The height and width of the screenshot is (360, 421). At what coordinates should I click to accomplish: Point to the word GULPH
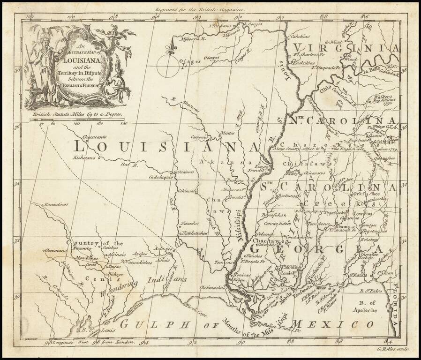pos(149,323)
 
